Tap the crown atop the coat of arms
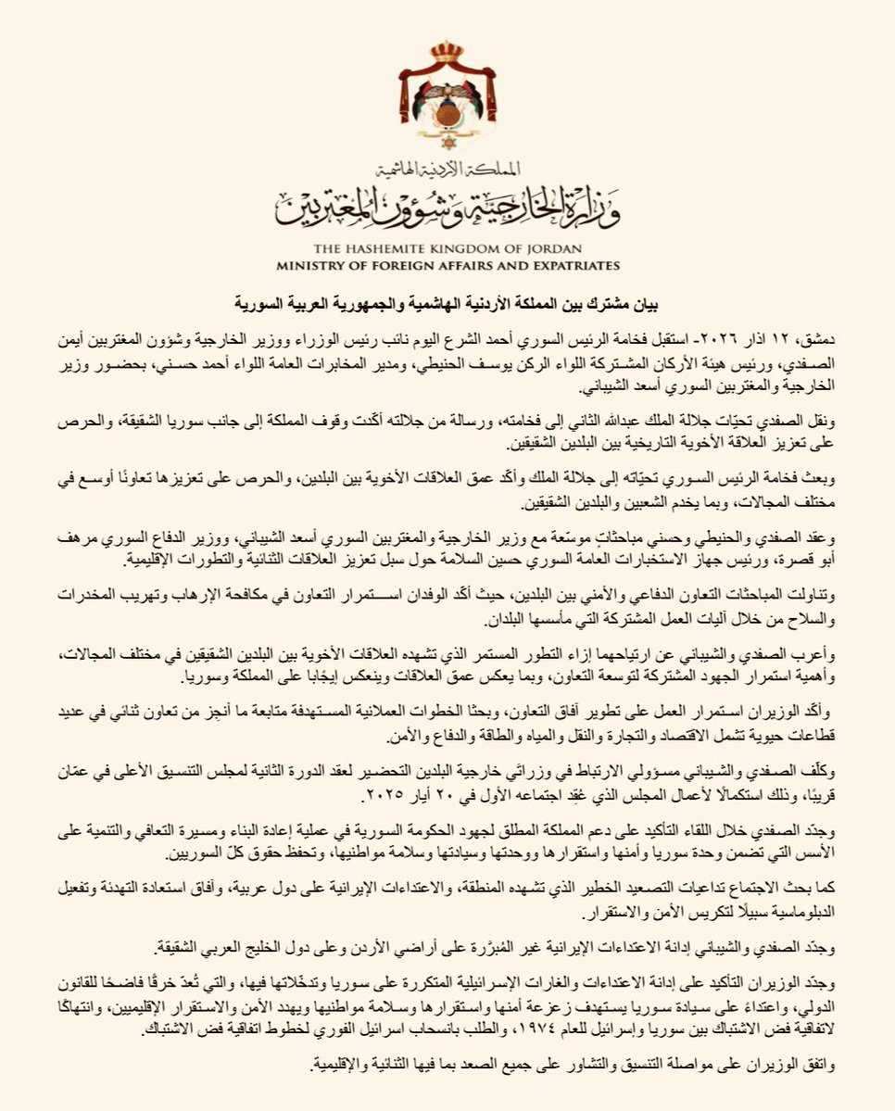click(447, 51)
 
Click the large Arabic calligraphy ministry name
click(447, 208)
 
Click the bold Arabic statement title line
click(447, 303)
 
